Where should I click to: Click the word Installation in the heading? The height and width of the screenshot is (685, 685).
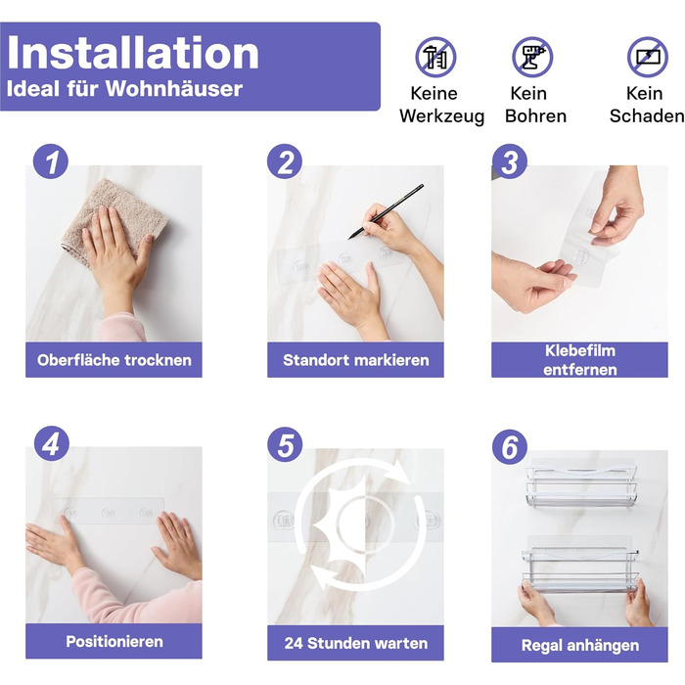(133, 53)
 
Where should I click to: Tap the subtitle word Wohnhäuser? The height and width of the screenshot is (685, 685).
(174, 89)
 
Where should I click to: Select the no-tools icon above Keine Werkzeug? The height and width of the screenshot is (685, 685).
(435, 57)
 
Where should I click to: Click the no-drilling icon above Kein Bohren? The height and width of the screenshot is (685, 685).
(532, 57)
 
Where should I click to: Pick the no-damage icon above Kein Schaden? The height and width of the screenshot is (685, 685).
(648, 57)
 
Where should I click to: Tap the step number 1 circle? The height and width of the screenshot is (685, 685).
(51, 161)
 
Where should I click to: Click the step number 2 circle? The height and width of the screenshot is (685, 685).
(285, 161)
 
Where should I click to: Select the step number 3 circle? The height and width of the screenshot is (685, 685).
(510, 161)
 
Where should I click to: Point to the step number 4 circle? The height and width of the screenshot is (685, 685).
(52, 443)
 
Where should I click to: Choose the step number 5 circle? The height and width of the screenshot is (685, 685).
(285, 444)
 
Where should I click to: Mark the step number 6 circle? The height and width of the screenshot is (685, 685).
(510, 447)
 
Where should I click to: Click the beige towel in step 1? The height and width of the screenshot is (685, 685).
(114, 218)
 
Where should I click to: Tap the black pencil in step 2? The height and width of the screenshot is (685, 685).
(386, 211)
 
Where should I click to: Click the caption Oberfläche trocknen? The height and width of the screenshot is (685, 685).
(114, 360)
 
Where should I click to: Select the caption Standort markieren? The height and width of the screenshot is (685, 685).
(355, 360)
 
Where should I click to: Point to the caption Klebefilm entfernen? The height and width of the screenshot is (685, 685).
(579, 360)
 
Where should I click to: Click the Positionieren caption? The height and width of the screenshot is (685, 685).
(114, 641)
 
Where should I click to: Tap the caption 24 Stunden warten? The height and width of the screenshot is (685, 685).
(355, 643)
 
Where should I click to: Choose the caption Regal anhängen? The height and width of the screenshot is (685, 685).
(579, 645)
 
